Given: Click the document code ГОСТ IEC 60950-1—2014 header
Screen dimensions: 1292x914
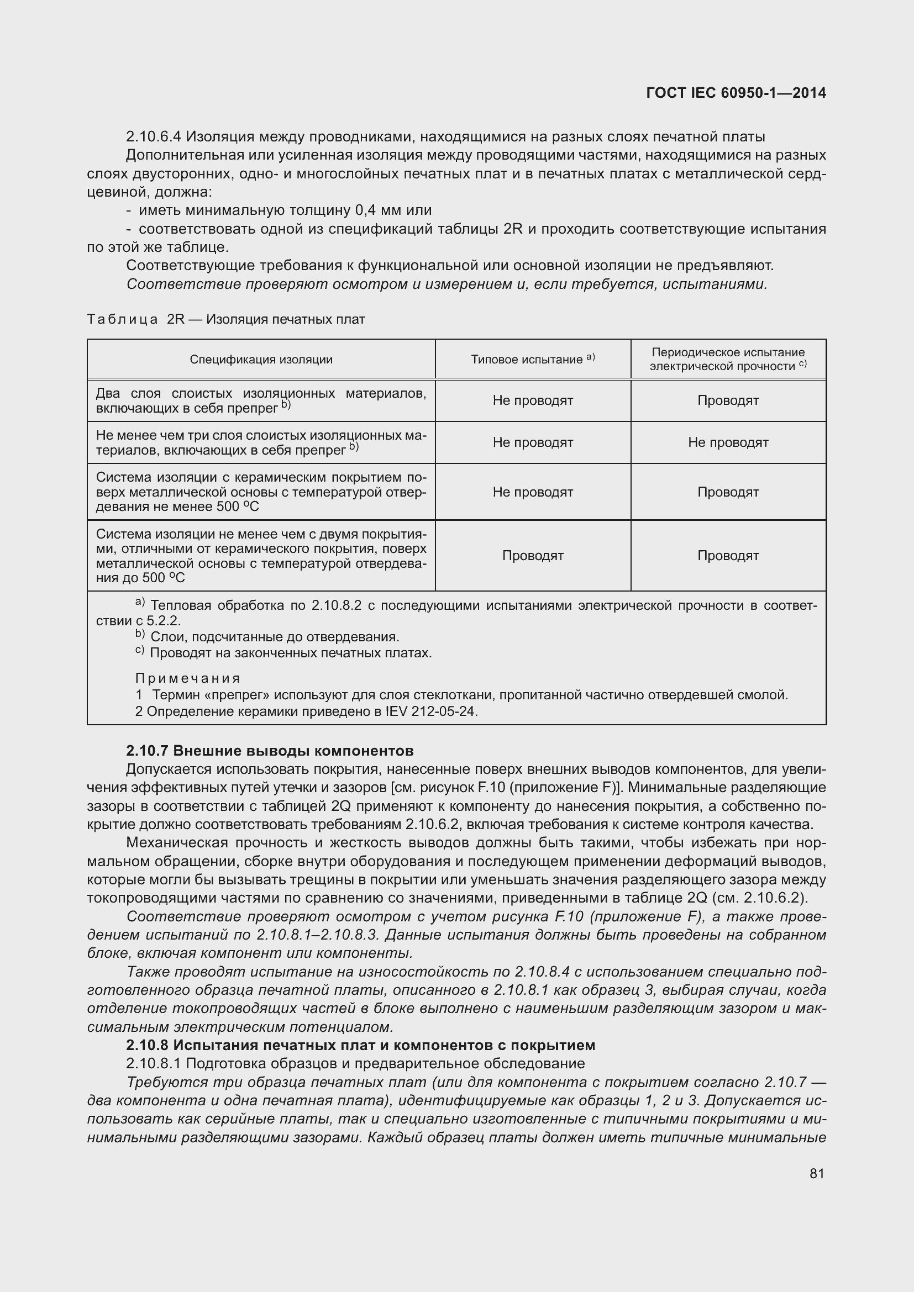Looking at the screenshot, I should tap(736, 93).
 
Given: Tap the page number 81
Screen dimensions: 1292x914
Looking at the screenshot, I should tap(817, 1173).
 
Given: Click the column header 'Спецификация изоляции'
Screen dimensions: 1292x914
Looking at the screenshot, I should tap(261, 360).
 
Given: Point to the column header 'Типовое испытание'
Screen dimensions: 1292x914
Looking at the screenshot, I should tap(532, 359).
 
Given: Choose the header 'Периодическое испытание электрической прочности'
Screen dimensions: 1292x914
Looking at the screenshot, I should tap(728, 359).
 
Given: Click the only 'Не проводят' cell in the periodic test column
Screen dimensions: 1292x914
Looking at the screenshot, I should tap(728, 442).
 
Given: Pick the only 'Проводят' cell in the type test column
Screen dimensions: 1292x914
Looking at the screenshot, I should tap(532, 555).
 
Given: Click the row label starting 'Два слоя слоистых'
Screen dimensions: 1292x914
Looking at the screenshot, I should tap(261, 400).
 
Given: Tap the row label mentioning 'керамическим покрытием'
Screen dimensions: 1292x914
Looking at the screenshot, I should tap(261, 492).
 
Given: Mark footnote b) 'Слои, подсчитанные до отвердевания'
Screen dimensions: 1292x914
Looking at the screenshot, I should tap(274, 637).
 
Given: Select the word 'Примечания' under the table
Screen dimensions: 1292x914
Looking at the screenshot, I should tap(188, 678).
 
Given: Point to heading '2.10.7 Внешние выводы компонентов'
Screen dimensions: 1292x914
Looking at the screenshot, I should tap(270, 751).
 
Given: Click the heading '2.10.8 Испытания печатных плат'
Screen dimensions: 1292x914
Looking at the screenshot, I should tap(360, 1045).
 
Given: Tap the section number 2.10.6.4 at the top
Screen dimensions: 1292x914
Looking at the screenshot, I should tap(154, 137).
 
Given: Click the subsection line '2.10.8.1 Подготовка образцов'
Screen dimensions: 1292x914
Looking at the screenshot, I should tap(355, 1063).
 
